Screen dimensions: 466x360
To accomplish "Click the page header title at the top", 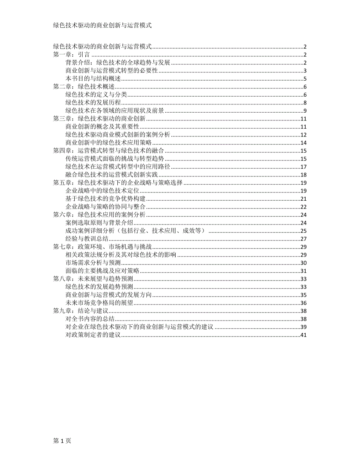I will [x=102, y=25].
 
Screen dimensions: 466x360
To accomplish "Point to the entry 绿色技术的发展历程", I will [x=93, y=103].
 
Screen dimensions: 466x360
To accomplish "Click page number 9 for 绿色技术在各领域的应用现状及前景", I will [x=304, y=111].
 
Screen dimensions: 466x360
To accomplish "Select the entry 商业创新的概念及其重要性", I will [x=103, y=127].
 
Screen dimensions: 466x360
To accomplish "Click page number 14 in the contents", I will [x=303, y=143].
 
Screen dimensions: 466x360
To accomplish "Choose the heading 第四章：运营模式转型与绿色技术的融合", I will [x=108, y=151].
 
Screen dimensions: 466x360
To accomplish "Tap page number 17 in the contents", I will [x=303, y=167].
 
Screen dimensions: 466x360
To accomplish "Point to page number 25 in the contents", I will [x=303, y=231].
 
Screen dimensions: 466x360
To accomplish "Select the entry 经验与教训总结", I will [x=87, y=239].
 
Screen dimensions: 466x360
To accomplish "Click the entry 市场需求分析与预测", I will [x=93, y=263].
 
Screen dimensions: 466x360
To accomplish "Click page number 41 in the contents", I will [x=303, y=335].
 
